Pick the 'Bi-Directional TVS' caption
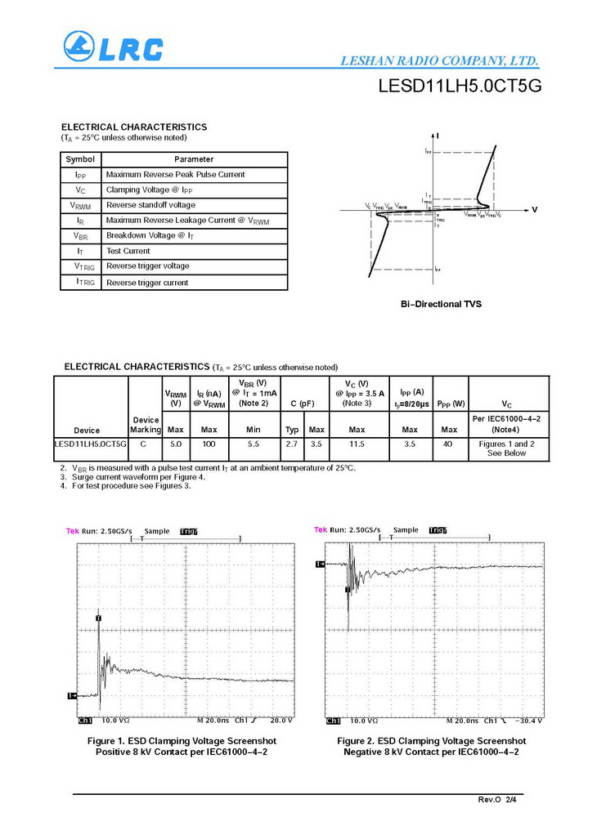tap(441, 304)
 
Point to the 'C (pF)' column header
tap(303, 403)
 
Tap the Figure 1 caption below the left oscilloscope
tap(177, 747)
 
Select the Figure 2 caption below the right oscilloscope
tap(431, 747)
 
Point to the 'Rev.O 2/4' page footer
tap(497, 798)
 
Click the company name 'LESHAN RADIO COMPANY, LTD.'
tap(438, 61)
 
